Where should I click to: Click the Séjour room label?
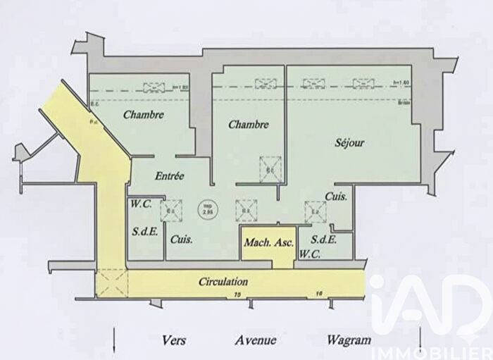click(349, 142)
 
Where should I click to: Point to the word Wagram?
click(349, 340)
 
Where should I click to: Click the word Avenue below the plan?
click(255, 340)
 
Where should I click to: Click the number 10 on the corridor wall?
click(237, 293)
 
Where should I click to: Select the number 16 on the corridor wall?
click(318, 293)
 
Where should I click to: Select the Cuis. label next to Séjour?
click(335, 197)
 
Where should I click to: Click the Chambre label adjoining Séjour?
click(249, 125)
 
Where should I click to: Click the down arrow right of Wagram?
click(420, 338)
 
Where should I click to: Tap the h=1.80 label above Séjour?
click(399, 82)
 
